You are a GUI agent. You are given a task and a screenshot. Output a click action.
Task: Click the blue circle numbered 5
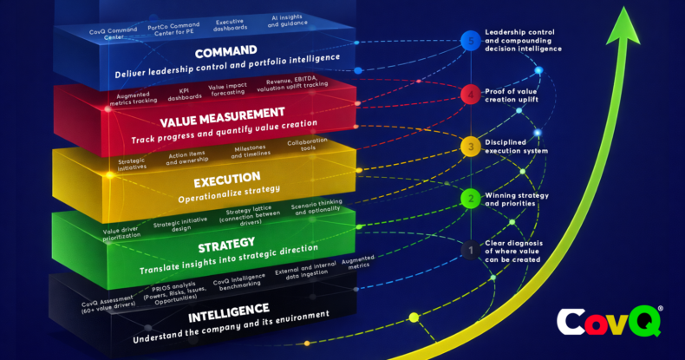[x=469, y=42]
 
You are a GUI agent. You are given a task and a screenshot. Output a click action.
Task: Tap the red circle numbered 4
[x=469, y=94]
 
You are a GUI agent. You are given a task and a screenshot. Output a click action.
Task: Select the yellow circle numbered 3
[x=469, y=147]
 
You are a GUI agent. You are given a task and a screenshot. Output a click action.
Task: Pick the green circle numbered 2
[x=469, y=198]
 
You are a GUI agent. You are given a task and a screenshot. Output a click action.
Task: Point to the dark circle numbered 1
[x=469, y=250]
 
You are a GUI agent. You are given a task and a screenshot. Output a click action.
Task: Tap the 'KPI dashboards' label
[x=184, y=93]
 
